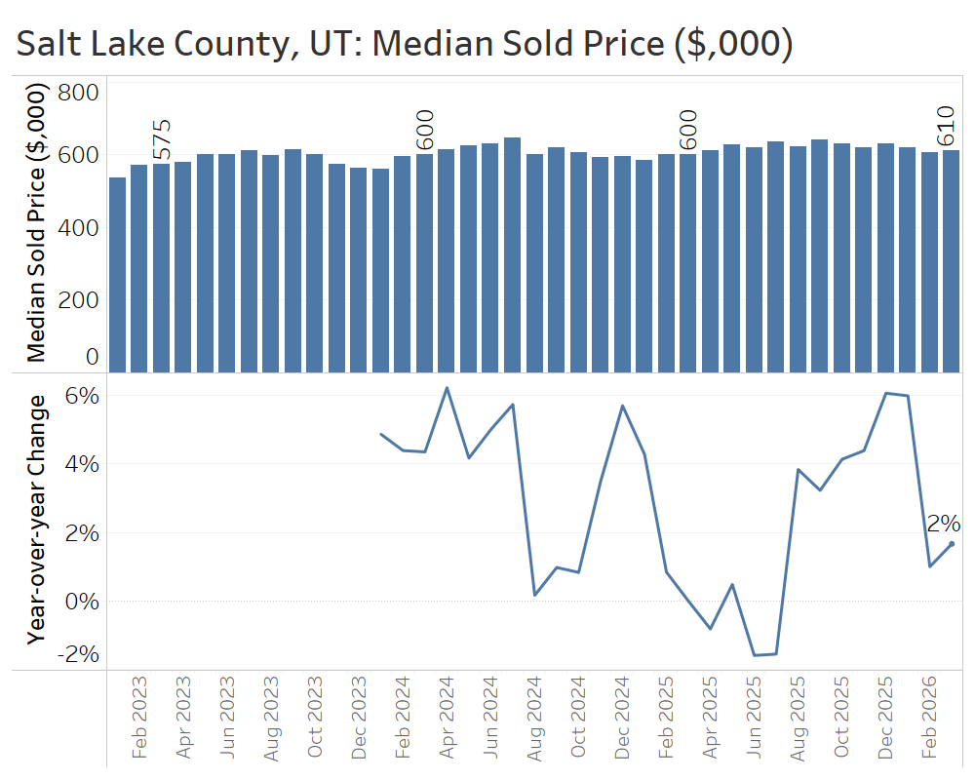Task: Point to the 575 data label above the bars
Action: coord(162,139)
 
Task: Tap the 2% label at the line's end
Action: coord(944,524)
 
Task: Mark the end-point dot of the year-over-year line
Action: coord(952,543)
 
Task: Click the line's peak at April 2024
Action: coord(447,388)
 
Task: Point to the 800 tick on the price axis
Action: coord(78,93)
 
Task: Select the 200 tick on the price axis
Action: coord(78,299)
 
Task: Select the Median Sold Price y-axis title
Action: coord(36,224)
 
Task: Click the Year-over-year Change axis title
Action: coord(36,519)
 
